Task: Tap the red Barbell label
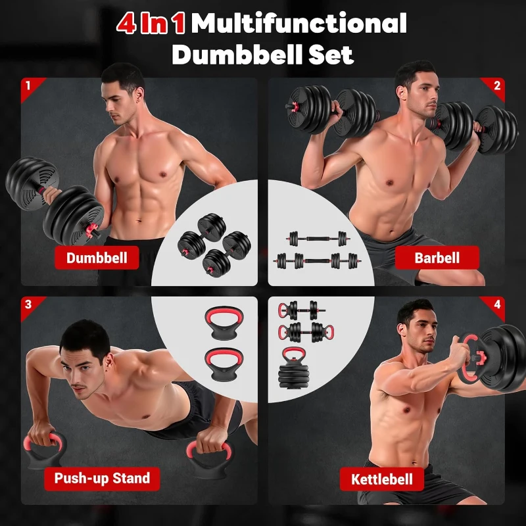tap(437, 258)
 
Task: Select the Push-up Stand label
tap(102, 478)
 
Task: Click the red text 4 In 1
tap(151, 24)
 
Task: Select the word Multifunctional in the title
tap(299, 24)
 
